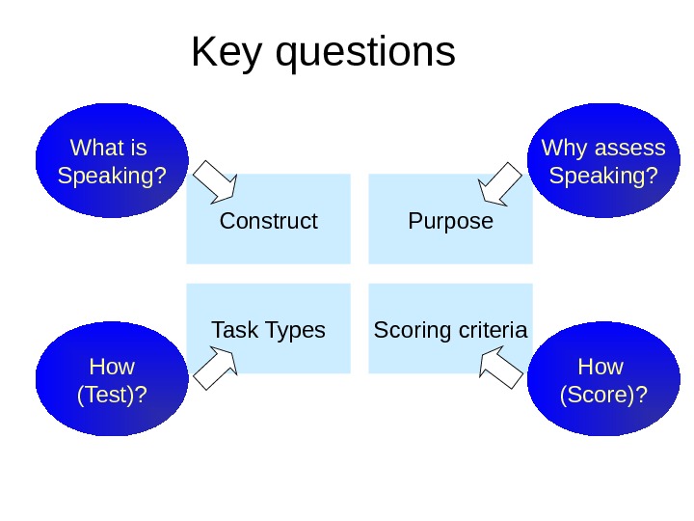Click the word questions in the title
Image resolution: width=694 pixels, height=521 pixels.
[365, 54]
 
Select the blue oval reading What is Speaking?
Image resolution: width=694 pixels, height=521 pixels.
[112, 161]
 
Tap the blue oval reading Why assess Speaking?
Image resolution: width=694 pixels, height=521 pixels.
[601, 161]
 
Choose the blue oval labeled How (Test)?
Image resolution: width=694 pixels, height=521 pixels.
[112, 379]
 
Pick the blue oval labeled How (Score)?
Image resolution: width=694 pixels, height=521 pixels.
[601, 379]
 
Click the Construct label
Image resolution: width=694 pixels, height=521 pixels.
[268, 221]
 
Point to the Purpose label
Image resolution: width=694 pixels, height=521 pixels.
[450, 221]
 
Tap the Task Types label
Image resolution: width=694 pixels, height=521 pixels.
[268, 330]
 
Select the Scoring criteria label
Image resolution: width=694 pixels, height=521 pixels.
[450, 330]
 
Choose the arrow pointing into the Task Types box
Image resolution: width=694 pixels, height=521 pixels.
[216, 370]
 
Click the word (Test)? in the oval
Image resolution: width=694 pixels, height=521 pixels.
[112, 396]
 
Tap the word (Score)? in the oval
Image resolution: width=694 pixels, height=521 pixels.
[602, 396]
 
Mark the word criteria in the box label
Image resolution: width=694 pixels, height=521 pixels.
[494, 330]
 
